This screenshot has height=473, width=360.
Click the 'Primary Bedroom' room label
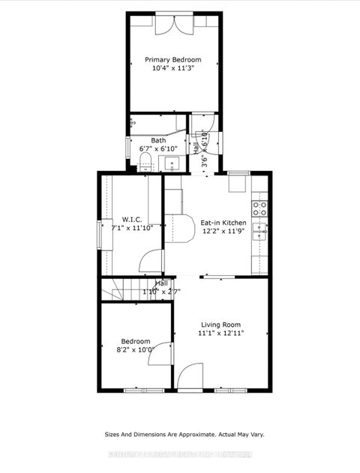[x=173, y=59]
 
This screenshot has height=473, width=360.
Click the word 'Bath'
[x=158, y=140]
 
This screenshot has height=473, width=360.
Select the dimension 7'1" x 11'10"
[x=132, y=228]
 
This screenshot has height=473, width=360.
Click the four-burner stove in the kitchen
[x=260, y=210]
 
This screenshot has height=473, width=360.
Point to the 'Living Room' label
[x=221, y=325]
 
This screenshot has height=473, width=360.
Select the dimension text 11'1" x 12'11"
[x=221, y=333]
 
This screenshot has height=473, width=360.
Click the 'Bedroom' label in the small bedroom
[x=135, y=341]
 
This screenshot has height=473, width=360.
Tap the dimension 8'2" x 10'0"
[x=135, y=349]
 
